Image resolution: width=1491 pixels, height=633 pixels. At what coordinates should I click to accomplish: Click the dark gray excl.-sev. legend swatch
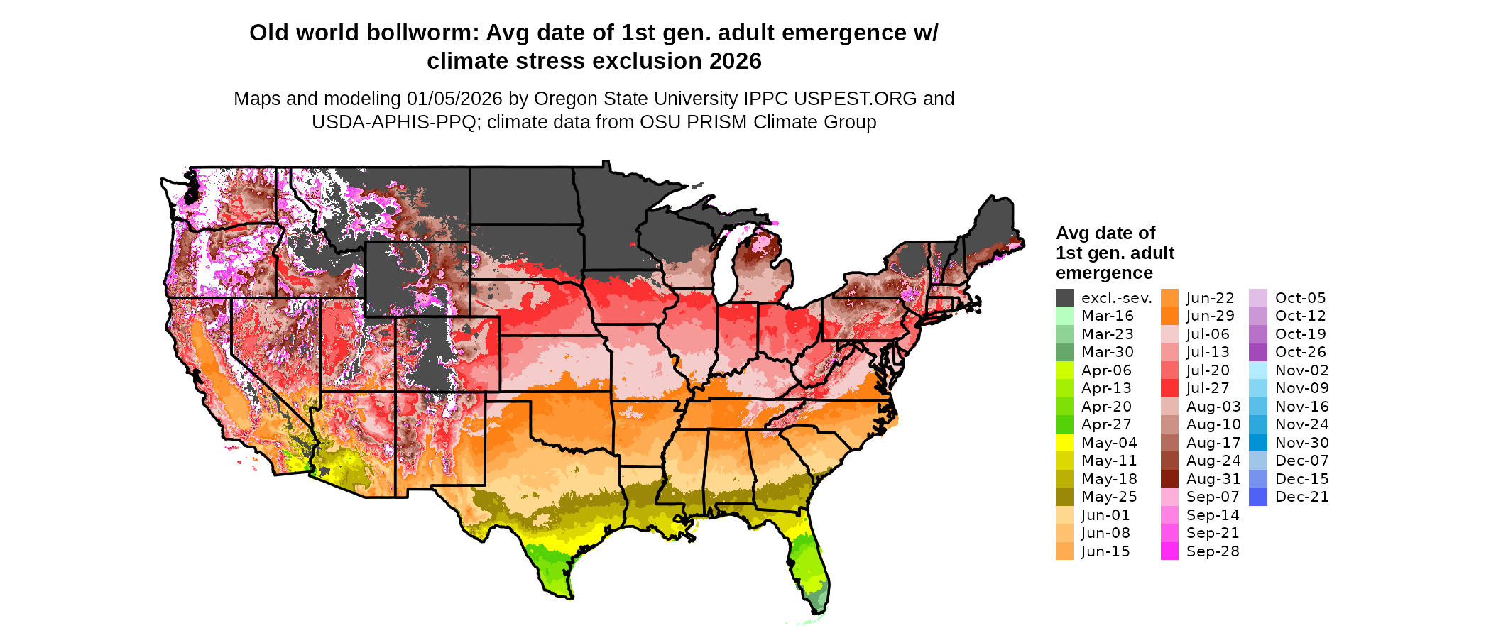1064,298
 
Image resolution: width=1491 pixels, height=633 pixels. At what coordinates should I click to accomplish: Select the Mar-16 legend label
1107,316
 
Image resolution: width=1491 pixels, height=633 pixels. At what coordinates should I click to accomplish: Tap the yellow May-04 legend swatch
1064,443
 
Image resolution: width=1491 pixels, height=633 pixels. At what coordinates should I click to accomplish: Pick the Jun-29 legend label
1210,316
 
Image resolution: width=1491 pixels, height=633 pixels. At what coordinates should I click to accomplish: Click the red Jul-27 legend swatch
1169,388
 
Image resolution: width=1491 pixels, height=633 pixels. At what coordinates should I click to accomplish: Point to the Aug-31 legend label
1213,479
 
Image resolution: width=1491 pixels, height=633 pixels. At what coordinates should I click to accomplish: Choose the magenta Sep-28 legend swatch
1169,551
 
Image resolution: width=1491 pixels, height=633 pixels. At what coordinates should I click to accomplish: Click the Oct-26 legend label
1300,352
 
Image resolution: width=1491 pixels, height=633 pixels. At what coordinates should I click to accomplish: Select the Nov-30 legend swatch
1257,443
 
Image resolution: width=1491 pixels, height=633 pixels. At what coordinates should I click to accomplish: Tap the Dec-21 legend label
1301,497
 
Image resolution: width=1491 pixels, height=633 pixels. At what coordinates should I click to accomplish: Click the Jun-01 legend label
1105,515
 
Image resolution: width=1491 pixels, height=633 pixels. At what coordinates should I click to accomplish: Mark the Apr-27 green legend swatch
1064,424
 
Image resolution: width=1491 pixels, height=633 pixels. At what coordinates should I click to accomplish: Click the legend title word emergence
1104,273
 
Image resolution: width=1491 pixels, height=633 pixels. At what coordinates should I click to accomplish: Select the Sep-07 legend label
1212,497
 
